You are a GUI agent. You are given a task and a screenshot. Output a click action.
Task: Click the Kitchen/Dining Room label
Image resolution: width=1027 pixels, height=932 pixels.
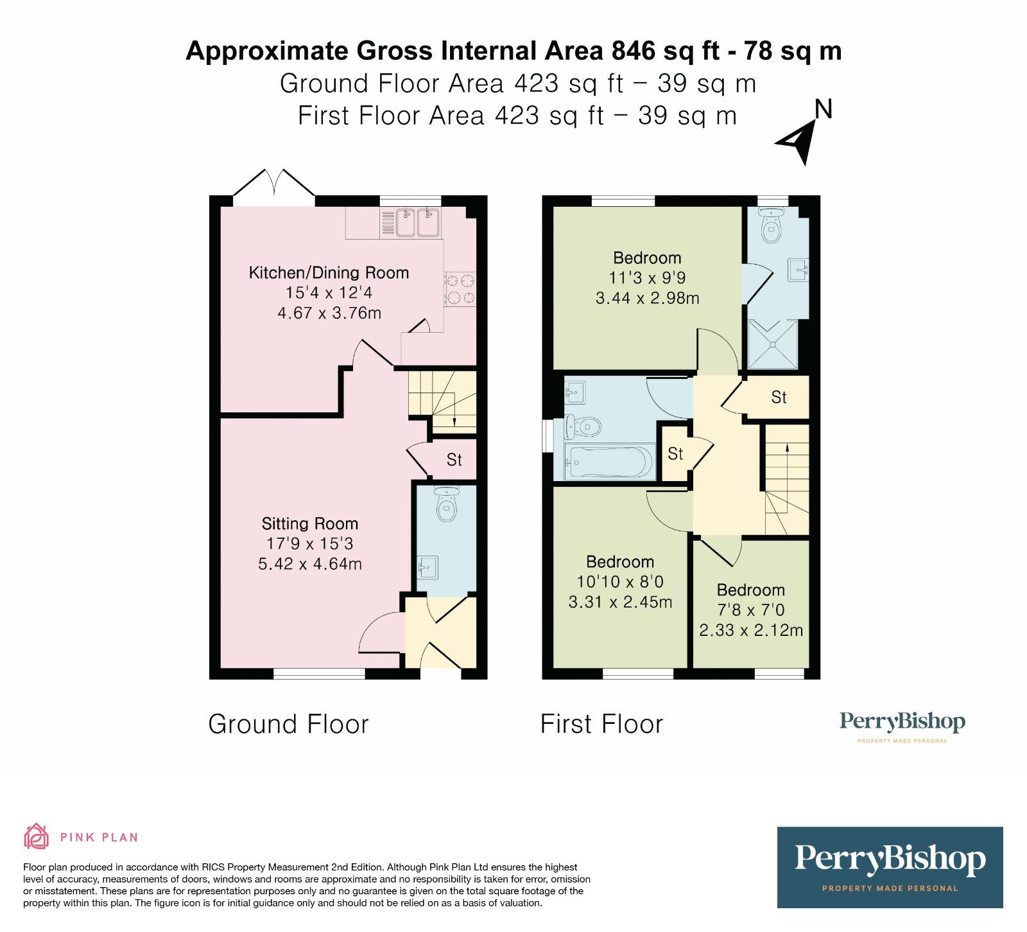(x=329, y=273)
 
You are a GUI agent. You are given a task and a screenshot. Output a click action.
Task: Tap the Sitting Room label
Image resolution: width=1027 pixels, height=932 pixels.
(x=310, y=523)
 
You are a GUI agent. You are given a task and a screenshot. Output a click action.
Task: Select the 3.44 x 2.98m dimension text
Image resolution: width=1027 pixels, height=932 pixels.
(x=647, y=298)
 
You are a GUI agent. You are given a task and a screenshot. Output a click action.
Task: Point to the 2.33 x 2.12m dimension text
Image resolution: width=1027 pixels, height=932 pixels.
(x=751, y=630)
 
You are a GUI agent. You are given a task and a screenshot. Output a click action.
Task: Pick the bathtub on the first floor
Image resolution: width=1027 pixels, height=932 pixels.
(x=610, y=461)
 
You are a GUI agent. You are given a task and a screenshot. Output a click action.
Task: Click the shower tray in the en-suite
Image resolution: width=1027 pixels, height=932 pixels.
(x=773, y=344)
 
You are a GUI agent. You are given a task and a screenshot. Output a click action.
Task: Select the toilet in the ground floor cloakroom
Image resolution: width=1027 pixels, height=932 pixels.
(x=446, y=503)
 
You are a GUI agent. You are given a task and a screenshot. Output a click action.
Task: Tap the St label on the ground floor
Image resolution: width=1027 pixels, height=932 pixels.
(x=454, y=460)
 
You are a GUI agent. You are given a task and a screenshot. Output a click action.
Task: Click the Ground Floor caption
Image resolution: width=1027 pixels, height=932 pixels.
(x=288, y=724)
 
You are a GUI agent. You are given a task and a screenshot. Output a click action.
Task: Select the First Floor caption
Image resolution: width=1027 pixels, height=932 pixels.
(x=601, y=724)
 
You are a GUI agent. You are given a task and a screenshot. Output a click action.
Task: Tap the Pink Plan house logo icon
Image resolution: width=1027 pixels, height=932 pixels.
(x=37, y=836)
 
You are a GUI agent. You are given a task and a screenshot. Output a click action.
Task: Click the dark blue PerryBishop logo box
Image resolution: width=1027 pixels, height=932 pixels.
(x=890, y=867)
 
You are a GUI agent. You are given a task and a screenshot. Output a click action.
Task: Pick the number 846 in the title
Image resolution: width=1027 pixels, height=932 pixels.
(x=635, y=51)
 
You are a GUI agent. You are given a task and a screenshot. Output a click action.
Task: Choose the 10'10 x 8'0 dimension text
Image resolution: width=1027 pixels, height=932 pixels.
(x=620, y=582)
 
